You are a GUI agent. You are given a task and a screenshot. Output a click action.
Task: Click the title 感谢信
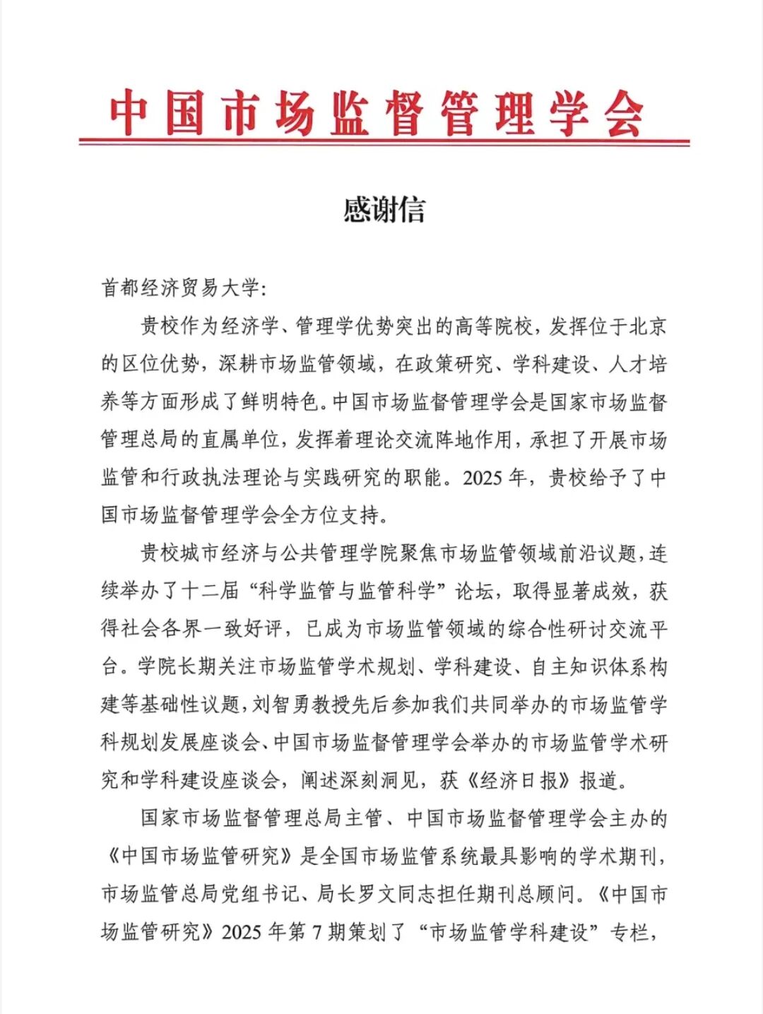[x=384, y=210]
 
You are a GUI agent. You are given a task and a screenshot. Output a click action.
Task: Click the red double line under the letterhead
[x=384, y=142]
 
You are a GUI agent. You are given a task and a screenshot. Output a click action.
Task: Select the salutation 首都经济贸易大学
[x=180, y=288]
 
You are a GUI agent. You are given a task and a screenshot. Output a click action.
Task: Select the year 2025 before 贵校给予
[x=482, y=478]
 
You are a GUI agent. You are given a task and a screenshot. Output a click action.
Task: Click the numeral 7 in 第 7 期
[x=317, y=933]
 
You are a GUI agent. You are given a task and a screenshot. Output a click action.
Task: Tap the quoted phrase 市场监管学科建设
[x=509, y=933]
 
